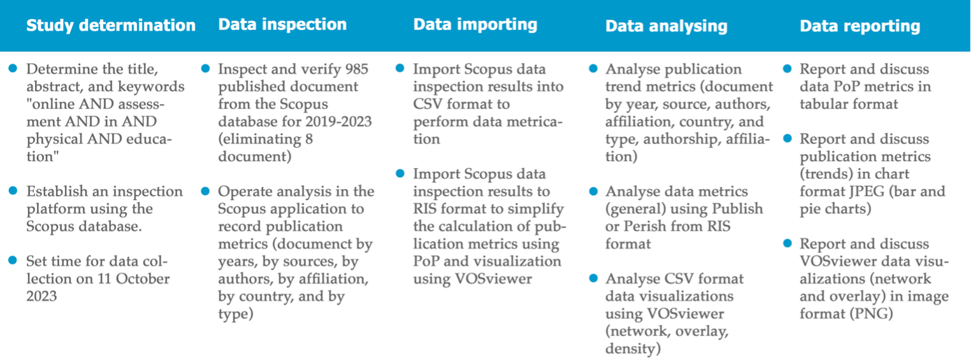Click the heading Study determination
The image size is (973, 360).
111,25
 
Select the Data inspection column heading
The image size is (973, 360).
282,25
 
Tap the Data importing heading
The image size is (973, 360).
475,25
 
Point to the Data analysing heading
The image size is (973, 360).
667,26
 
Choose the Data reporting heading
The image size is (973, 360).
860,26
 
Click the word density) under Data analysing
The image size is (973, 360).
633,349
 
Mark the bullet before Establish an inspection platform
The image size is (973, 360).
13,191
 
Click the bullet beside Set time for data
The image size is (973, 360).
13,261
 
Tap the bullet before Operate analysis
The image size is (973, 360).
205,191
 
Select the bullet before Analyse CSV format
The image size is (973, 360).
593,278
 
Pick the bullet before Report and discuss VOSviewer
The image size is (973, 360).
788,243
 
